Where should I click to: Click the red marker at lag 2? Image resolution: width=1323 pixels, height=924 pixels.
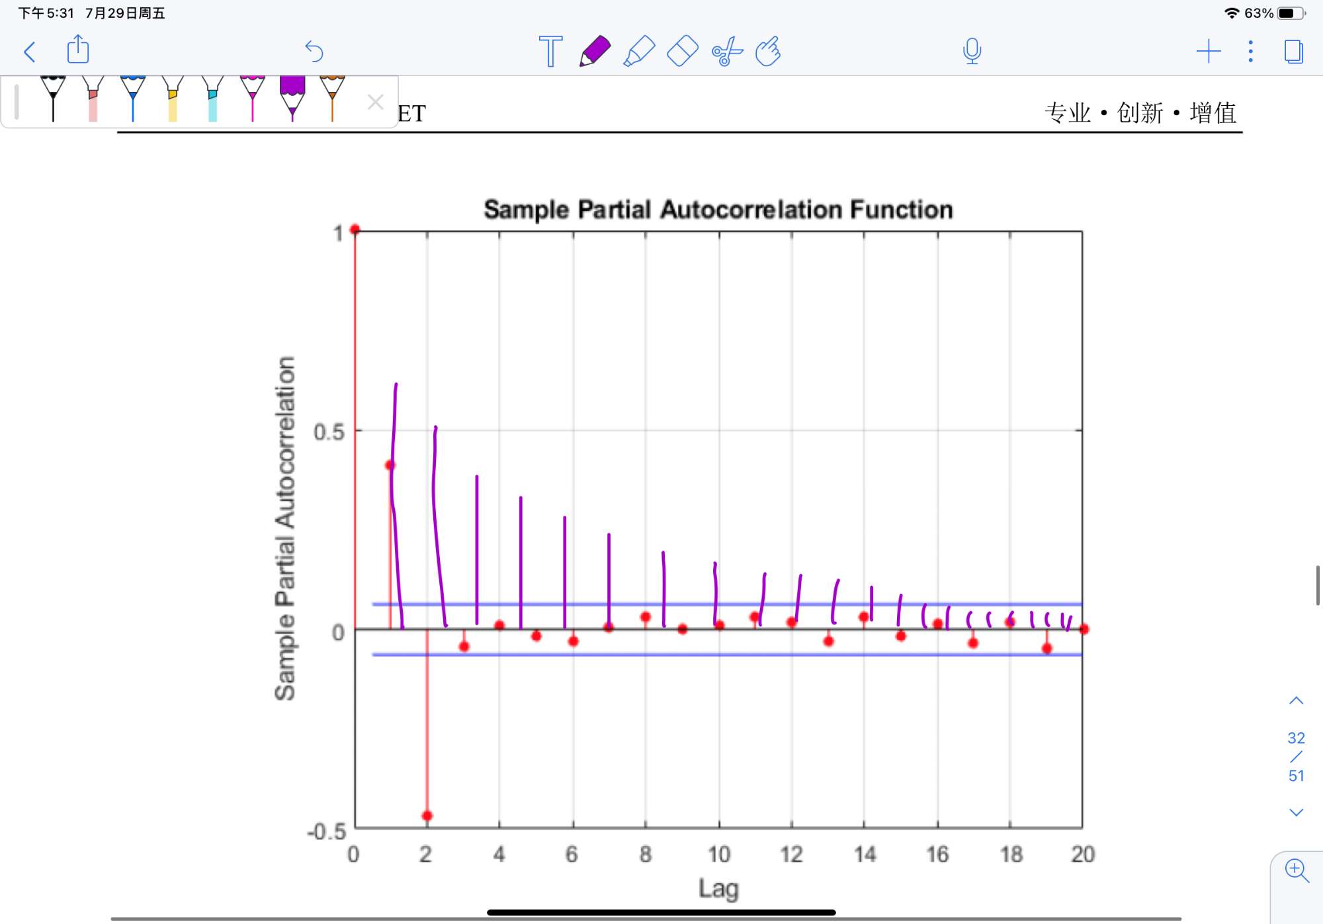click(427, 816)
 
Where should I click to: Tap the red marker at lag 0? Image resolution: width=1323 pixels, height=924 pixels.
click(355, 230)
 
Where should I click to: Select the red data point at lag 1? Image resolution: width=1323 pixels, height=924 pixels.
click(390, 465)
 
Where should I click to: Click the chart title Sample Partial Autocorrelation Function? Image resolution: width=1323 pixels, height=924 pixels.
click(718, 210)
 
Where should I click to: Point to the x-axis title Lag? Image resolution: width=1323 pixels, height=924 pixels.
click(718, 888)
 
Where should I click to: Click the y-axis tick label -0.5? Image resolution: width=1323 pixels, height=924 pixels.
click(327, 831)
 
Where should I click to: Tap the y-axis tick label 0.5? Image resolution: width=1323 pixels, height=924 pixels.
click(329, 433)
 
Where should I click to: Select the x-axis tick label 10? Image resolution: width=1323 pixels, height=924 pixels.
click(719, 855)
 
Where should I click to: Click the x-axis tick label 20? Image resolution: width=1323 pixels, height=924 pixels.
click(1083, 855)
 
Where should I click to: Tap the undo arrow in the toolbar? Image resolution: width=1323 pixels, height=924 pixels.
click(314, 51)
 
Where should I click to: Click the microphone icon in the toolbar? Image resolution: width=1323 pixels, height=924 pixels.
click(972, 51)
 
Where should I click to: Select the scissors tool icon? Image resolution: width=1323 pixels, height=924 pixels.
click(727, 51)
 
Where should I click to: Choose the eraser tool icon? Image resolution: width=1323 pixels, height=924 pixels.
click(683, 51)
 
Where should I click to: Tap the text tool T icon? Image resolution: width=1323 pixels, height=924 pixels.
click(550, 51)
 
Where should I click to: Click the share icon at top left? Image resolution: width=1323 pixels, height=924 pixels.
click(78, 50)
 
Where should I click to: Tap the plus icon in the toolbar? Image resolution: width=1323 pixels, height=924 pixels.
click(1209, 51)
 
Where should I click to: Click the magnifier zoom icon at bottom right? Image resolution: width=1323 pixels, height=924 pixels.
click(1297, 870)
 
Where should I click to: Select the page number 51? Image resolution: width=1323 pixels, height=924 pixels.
click(1297, 776)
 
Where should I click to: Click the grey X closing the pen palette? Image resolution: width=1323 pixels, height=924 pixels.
click(375, 102)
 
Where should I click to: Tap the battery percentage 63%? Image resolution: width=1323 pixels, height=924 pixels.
click(1258, 13)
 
